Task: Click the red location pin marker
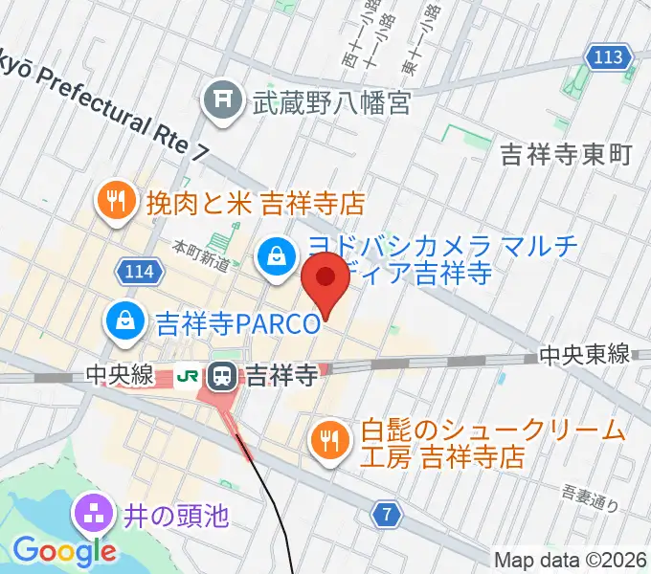click(325, 278)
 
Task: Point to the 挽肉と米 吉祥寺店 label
click(256, 203)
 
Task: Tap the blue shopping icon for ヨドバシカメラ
click(276, 255)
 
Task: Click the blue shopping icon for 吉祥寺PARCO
click(125, 320)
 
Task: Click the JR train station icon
click(223, 376)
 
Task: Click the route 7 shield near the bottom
click(387, 516)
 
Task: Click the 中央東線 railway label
click(584, 355)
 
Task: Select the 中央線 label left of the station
click(120, 376)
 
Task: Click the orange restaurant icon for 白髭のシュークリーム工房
click(330, 438)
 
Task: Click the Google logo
click(64, 550)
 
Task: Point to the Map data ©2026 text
click(570, 560)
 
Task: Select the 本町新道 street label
click(201, 255)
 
